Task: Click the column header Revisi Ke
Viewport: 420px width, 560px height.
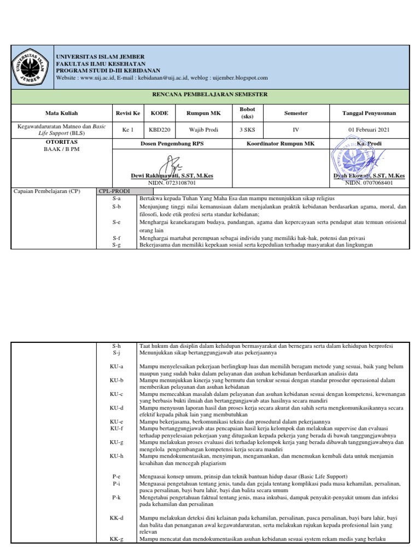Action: pyautogui.click(x=127, y=113)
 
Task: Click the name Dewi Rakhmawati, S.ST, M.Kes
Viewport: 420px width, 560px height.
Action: pyautogui.click(x=172, y=176)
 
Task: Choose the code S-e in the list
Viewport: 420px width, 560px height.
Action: pyautogui.click(x=116, y=222)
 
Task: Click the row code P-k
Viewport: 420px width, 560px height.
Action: pyautogui.click(x=116, y=498)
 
